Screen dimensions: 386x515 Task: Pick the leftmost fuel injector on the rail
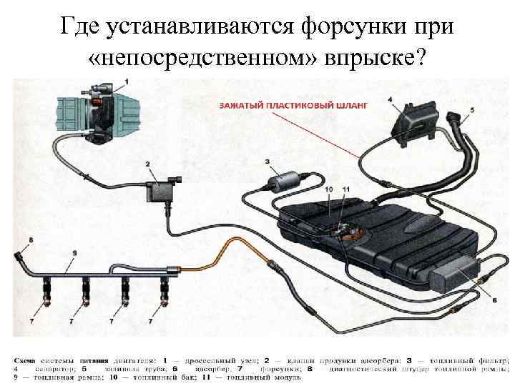click(46, 290)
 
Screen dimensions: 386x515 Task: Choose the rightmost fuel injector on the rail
click(165, 290)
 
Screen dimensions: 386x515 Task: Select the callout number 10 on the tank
click(328, 189)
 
